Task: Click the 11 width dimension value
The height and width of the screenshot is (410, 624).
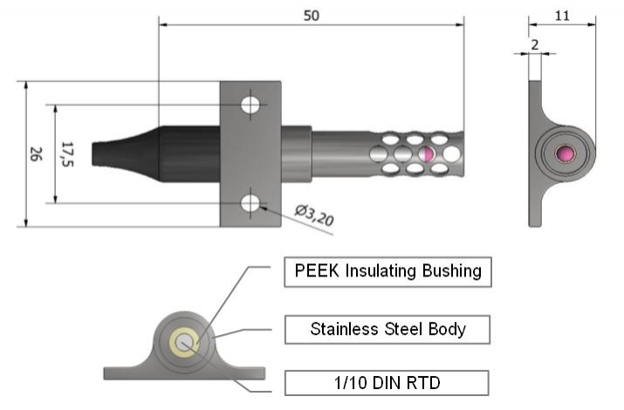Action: tap(563, 16)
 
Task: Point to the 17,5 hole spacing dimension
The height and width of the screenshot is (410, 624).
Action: tap(66, 154)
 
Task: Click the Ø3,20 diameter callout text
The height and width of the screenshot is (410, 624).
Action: tap(313, 215)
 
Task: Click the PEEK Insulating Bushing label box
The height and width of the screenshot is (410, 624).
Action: tap(387, 270)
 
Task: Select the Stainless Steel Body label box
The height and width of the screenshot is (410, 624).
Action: tap(387, 329)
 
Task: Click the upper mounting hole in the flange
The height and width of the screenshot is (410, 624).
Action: tap(251, 106)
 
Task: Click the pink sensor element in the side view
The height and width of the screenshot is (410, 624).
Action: tap(428, 154)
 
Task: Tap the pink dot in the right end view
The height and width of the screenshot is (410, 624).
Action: tap(566, 154)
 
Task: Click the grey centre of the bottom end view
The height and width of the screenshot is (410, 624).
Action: tap(184, 344)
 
